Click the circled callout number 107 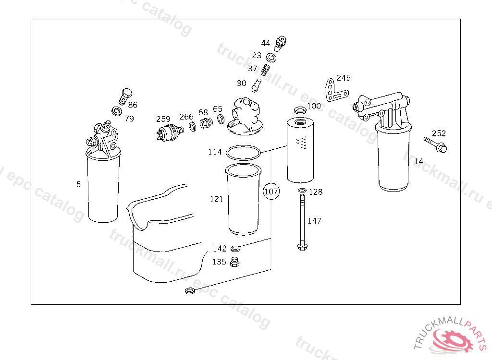[x=271, y=192]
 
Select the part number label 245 [x=344, y=78]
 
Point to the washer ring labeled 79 [x=117, y=111]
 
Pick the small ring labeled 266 [x=193, y=127]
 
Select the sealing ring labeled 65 [x=221, y=119]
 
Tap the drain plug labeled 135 [x=234, y=262]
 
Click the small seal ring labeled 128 [x=302, y=191]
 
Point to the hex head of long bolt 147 [x=302, y=247]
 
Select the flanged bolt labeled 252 [x=435, y=144]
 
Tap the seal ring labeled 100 [x=301, y=110]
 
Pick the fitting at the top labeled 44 [x=280, y=44]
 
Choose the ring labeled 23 [x=271, y=58]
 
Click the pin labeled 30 [x=256, y=85]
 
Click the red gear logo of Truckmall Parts [x=452, y=340]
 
